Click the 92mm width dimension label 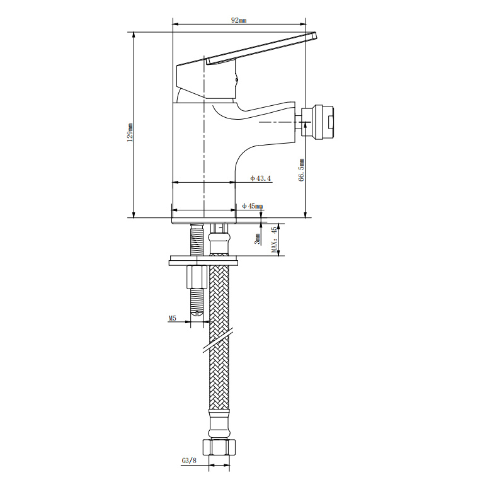pyautogui.click(x=239, y=20)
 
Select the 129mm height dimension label pyautogui.click(x=130, y=132)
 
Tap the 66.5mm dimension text pyautogui.click(x=302, y=170)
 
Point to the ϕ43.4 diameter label pyautogui.click(x=261, y=178)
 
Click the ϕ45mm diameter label pyautogui.click(x=253, y=206)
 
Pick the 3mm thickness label pyautogui.click(x=257, y=239)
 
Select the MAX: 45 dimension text pyautogui.click(x=274, y=240)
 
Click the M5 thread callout pyautogui.click(x=173, y=318)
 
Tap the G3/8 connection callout pyautogui.click(x=189, y=461)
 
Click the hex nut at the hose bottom pyautogui.click(x=219, y=447)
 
